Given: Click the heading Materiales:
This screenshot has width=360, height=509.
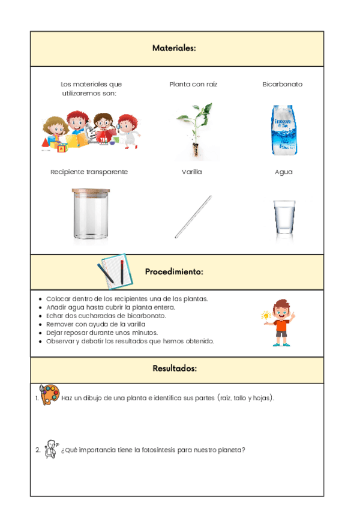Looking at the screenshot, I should click(174, 48).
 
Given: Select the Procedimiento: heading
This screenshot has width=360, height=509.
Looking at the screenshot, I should click(174, 272).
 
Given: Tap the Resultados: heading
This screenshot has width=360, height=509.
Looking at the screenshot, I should click(175, 368).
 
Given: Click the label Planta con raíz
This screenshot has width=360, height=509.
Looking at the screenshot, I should click(193, 85).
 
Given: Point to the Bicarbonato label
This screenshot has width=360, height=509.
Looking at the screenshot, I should click(283, 85).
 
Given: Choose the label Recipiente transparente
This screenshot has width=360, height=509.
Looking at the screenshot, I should click(89, 172).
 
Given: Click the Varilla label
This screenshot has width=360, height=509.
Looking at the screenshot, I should click(192, 172).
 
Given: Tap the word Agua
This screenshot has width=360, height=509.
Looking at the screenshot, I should click(284, 172).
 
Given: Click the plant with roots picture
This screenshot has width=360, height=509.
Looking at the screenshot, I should click(193, 131).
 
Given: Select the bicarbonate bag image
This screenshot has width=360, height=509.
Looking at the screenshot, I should click(283, 131).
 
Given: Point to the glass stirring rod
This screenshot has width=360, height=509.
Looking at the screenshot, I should click(193, 216).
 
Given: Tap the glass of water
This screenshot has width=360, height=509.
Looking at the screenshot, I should click(284, 218).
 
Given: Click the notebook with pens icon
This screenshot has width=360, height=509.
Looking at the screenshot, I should click(112, 271).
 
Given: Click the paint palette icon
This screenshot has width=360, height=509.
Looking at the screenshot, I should click(49, 396).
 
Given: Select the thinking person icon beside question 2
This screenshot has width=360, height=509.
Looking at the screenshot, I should click(51, 449).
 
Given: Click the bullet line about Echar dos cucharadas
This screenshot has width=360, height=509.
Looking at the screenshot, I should click(106, 316).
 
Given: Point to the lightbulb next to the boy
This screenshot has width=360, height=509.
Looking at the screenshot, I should click(266, 315).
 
